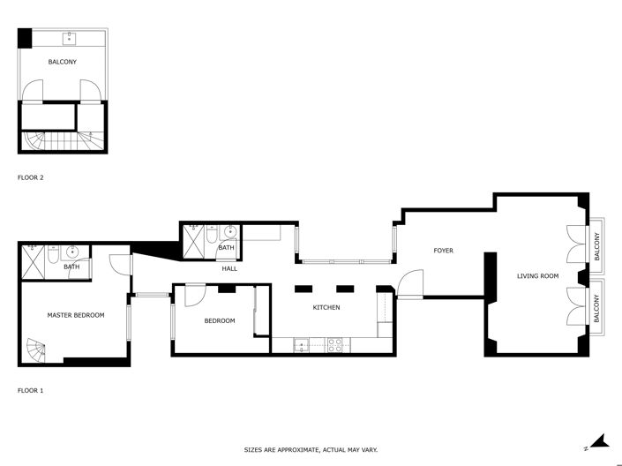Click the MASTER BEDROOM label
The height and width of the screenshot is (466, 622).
tap(76, 315)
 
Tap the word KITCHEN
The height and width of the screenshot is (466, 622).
tap(326, 307)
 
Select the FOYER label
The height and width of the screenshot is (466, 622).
tap(443, 251)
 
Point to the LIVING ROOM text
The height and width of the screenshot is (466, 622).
tap(537, 276)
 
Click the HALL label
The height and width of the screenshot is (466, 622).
tap(229, 268)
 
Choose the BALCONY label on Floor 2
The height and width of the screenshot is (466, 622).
tap(62, 62)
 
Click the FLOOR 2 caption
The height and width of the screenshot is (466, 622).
tap(31, 177)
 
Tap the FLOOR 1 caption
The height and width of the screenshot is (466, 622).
tap(31, 389)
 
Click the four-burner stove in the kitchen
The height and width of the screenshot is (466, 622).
tap(335, 345)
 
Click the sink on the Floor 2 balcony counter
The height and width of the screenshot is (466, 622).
tap(69, 37)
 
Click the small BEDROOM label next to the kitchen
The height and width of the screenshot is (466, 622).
tap(220, 320)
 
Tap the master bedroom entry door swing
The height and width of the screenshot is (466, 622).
tap(120, 262)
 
